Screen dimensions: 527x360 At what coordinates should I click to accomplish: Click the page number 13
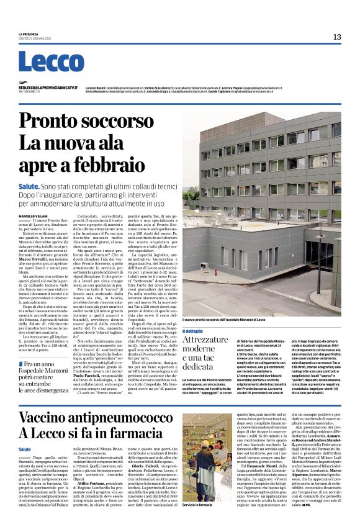pyautogui.click(x=336, y=37)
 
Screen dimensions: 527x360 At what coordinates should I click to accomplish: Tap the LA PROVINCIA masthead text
pyautogui.click(x=29, y=34)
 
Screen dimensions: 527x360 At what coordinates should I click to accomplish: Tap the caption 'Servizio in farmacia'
pyautogui.click(x=197, y=510)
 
